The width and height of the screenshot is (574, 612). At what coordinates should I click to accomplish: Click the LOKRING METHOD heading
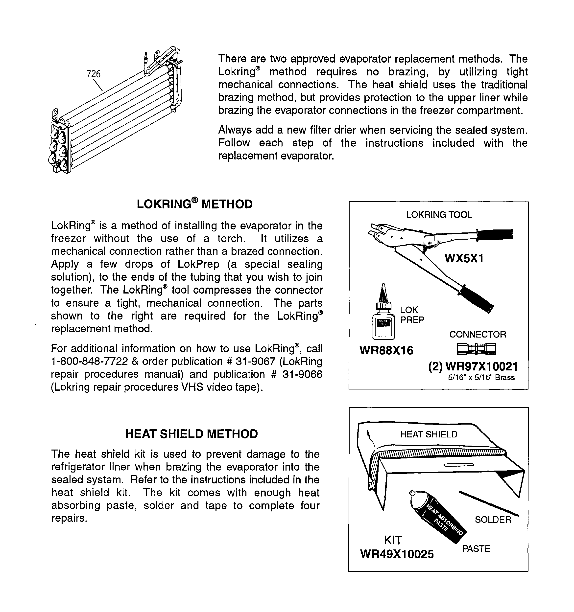194,204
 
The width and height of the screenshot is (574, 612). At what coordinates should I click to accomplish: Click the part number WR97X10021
481,366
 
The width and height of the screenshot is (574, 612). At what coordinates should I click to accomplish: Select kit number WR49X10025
397,554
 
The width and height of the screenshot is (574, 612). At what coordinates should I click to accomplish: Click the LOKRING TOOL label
438,215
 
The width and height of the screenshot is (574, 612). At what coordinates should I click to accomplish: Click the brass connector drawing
476,349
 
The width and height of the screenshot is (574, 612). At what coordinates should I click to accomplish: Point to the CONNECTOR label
477,334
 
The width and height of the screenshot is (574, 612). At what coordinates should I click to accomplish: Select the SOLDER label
493,520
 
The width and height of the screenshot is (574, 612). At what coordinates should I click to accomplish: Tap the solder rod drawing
488,504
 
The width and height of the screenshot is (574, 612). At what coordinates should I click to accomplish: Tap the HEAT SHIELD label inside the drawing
428,434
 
